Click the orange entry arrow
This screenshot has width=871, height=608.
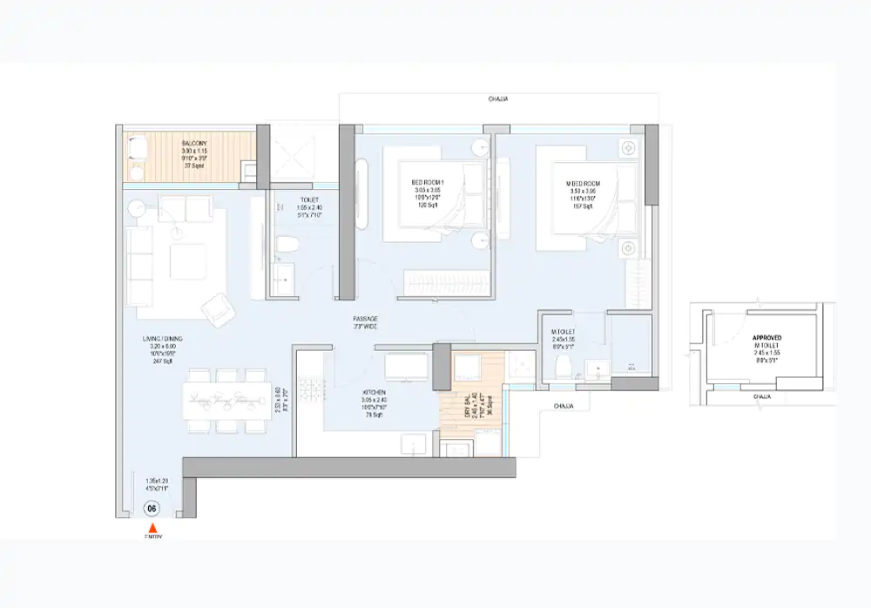point(152,528)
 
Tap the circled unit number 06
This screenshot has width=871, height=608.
point(152,509)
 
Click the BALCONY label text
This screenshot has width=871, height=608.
point(192,142)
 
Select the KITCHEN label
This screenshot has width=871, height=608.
point(375,393)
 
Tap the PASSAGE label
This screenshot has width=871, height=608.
point(364,320)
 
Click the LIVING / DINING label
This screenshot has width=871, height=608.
point(163,338)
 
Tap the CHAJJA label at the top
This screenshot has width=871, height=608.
point(498,99)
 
